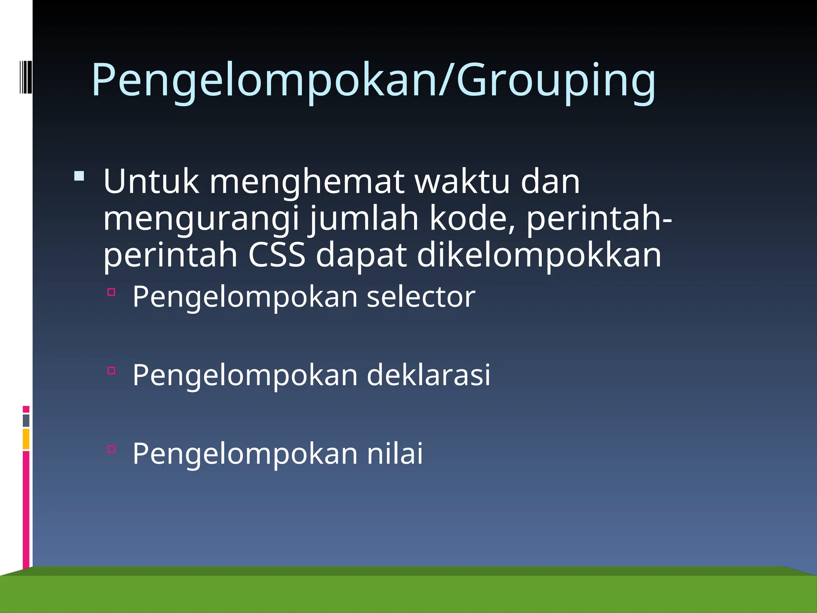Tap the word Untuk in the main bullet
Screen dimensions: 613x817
[x=151, y=182]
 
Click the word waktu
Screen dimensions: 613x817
[x=462, y=182]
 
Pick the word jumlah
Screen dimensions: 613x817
[x=364, y=219]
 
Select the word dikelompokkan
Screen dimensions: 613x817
[x=539, y=255]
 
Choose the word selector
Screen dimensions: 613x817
[x=421, y=297]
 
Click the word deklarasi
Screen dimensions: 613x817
[x=428, y=375]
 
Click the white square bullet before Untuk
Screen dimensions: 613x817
[x=79, y=176]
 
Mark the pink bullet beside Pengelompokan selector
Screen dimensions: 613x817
[x=111, y=292]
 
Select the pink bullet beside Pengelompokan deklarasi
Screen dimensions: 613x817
[x=111, y=371]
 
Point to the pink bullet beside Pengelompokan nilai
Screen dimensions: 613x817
[x=111, y=449]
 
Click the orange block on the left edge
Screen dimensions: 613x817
[x=26, y=439]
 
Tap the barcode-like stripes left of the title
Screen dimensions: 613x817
[x=26, y=77]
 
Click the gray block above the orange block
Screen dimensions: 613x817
[x=26, y=420]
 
